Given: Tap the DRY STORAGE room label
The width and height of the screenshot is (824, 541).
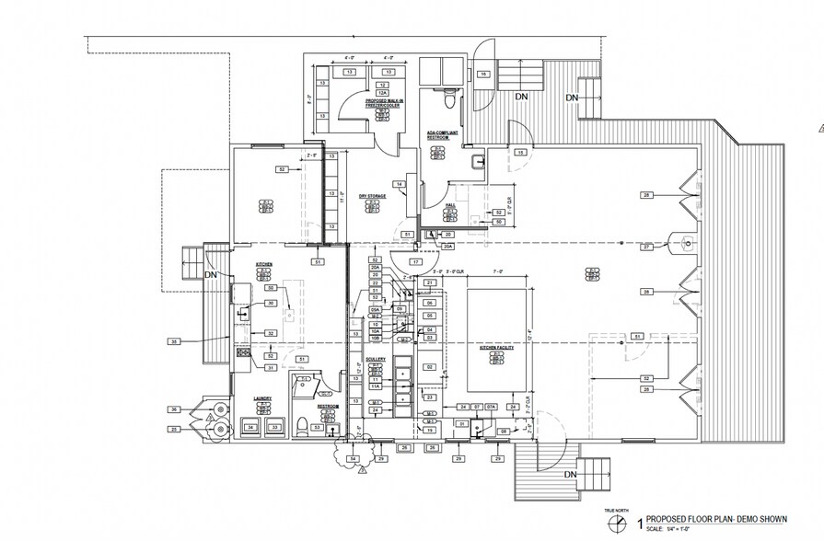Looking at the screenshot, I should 372,196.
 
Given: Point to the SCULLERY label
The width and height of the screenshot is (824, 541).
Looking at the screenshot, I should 376,361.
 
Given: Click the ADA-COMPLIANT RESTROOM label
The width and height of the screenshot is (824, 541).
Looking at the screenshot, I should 443,136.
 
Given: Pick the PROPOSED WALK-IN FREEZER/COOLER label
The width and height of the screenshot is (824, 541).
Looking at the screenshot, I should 381,103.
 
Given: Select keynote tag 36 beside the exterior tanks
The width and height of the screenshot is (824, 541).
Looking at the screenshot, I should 173,409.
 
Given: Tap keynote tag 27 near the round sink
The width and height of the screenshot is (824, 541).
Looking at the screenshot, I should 647,247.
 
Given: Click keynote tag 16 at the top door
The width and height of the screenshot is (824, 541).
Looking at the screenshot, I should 483,75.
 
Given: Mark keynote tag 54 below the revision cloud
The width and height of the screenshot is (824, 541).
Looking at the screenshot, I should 351,458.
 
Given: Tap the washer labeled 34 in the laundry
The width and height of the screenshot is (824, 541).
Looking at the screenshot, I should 250,427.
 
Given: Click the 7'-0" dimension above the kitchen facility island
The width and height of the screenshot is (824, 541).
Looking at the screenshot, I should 498,272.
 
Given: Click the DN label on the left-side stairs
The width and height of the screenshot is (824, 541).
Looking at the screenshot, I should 211,274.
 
